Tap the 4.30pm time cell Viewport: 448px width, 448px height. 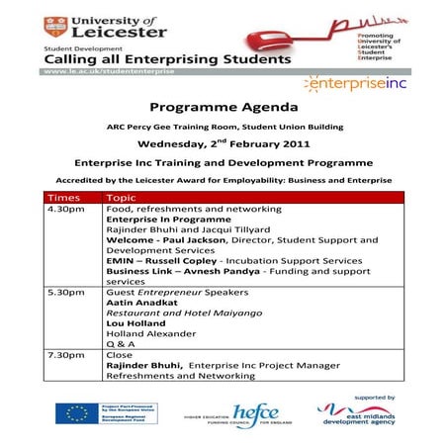(65, 211)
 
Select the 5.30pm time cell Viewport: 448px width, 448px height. (65, 294)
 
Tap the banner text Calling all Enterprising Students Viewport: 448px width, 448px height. (165, 58)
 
